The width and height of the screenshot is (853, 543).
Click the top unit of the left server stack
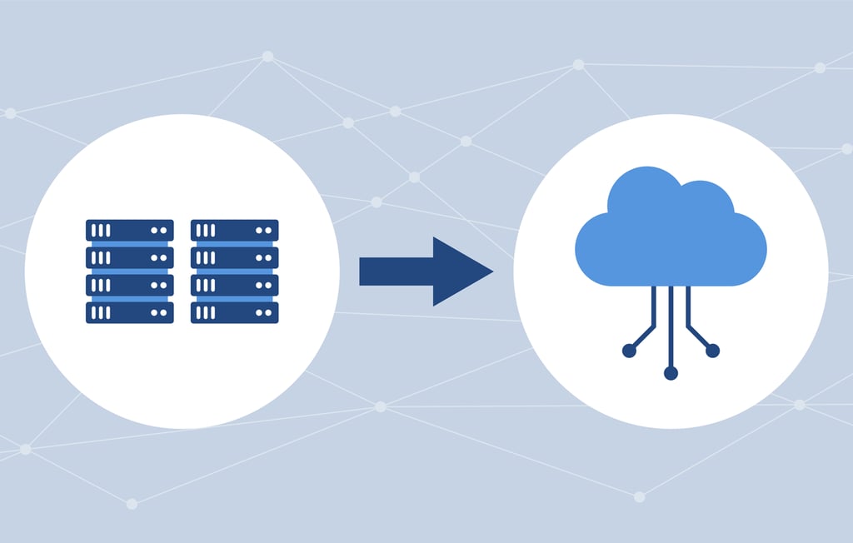[x=129, y=230]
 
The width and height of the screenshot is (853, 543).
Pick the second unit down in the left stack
[x=129, y=257]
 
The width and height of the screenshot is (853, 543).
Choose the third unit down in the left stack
[x=129, y=285]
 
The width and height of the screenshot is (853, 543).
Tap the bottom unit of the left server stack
[x=129, y=312]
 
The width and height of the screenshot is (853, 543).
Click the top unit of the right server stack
[x=234, y=230]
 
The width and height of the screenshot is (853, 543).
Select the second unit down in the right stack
[x=234, y=257]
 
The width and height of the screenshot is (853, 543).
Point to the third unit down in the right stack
[x=234, y=285]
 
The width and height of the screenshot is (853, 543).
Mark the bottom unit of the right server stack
[x=234, y=312]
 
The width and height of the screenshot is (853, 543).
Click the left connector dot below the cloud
[x=629, y=351]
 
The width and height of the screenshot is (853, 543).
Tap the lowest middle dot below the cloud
[x=671, y=373]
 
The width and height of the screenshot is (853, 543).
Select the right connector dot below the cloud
[x=712, y=351]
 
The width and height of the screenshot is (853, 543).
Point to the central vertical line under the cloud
[x=671, y=325]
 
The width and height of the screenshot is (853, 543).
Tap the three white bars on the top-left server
[x=100, y=230]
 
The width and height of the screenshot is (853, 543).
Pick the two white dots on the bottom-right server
[x=264, y=312]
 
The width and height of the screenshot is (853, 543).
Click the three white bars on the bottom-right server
[x=205, y=312]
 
